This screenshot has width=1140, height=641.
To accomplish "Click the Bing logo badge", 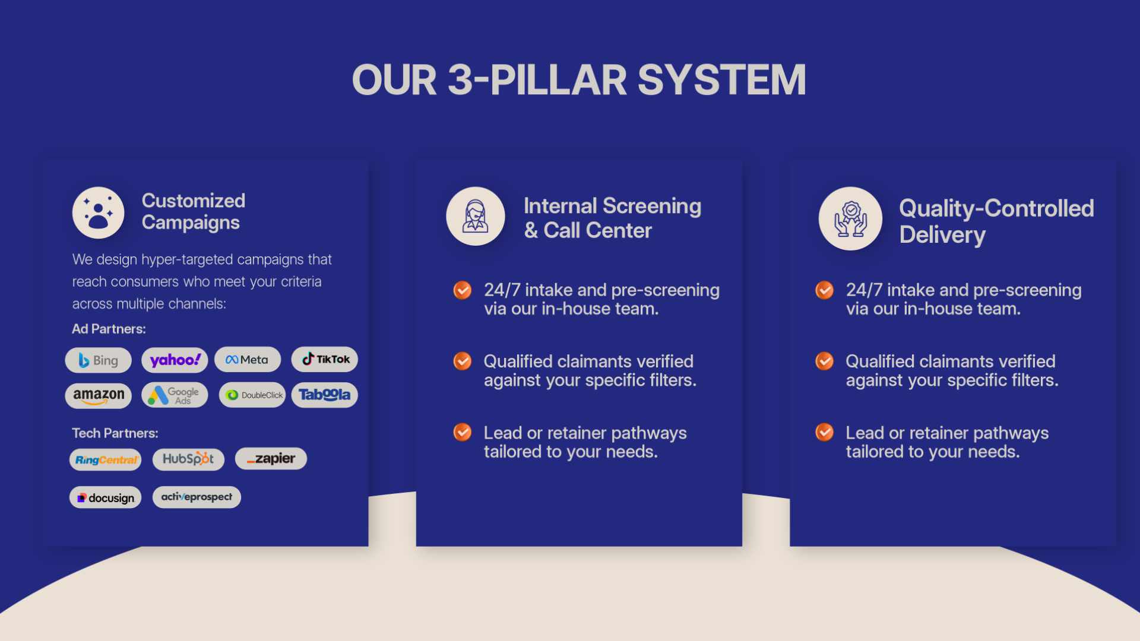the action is (x=98, y=360).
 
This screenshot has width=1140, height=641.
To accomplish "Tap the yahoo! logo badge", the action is (x=175, y=360).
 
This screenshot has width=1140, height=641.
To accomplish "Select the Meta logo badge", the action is (x=248, y=360).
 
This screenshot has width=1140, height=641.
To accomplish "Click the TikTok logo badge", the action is (x=325, y=359).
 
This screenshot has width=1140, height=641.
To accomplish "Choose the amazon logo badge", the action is (x=98, y=395).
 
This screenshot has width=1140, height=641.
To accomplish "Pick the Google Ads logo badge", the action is (x=175, y=395).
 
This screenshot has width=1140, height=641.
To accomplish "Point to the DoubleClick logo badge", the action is (x=252, y=395).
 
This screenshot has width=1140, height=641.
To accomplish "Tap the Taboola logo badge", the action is (x=325, y=395).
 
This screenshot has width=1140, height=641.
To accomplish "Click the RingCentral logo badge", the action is (x=106, y=460).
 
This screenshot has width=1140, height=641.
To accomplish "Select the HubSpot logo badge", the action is (x=188, y=459).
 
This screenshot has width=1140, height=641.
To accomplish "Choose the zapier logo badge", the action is (x=271, y=459).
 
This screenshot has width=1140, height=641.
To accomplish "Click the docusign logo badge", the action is (x=106, y=497).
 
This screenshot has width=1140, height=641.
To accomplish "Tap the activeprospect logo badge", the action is (x=197, y=497).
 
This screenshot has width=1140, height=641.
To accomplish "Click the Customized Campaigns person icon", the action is (x=98, y=212).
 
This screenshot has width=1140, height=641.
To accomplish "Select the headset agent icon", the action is (x=476, y=216).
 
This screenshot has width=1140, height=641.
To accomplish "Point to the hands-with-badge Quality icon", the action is (x=850, y=218).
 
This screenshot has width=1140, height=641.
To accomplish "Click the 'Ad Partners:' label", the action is (x=109, y=329).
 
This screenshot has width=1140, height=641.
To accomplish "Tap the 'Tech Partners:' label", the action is (x=115, y=433).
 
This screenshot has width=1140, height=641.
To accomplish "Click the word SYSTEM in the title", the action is (x=722, y=80).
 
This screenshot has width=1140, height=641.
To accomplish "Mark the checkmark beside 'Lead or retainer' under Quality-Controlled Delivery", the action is (x=824, y=432).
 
